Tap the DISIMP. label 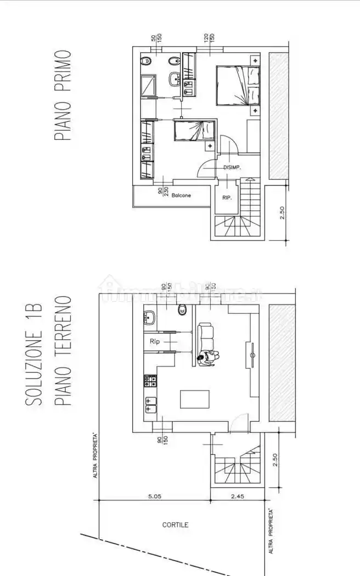coord(233,168)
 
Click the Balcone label coord(181,195)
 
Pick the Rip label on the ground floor coord(154,341)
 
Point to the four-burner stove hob coord(150,379)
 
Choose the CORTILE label coord(176,525)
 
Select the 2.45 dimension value coord(237,496)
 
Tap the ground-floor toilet coord(182,311)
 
